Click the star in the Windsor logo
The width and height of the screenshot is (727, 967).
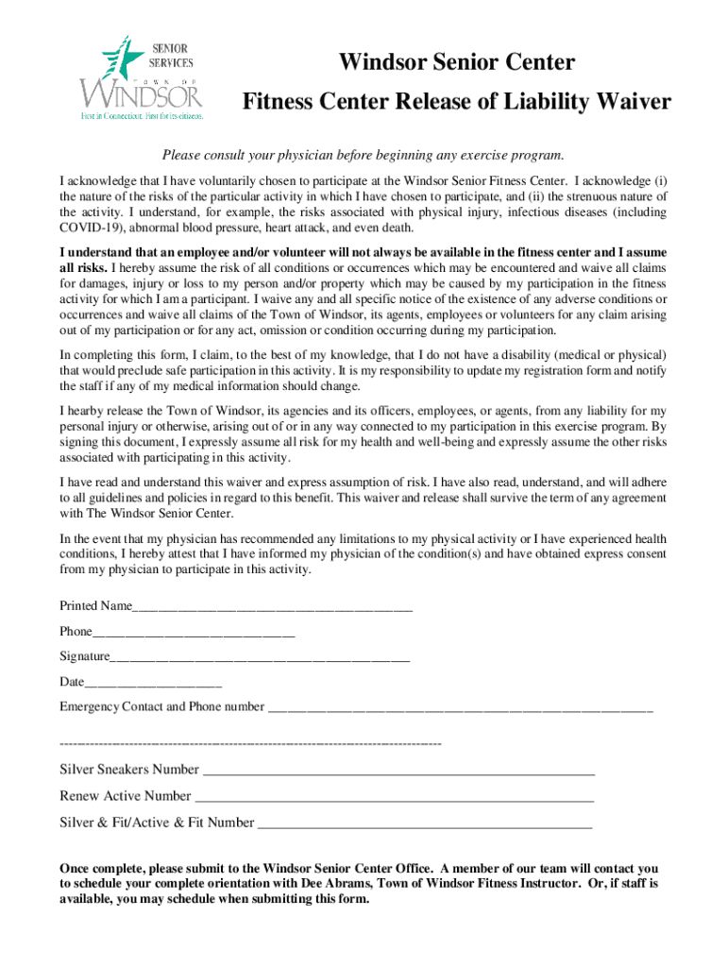[120, 58]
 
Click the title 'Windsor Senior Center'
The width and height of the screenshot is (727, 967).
[457, 63]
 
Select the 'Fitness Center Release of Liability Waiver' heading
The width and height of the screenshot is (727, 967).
[457, 101]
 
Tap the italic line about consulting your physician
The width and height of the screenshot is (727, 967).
[363, 155]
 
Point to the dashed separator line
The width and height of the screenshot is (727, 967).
[250, 745]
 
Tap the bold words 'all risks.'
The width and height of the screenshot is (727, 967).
[83, 268]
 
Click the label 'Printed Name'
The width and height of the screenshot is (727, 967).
[95, 605]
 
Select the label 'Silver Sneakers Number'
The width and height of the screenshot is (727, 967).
[129, 770]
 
